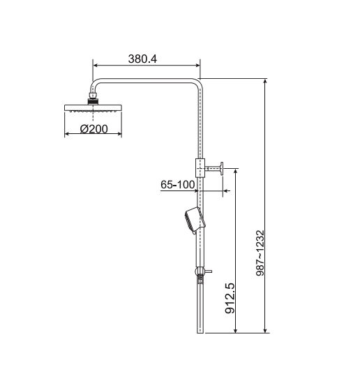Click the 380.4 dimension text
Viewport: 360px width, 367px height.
142,60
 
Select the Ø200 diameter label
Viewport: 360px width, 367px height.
93,130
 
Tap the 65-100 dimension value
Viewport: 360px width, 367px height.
177,185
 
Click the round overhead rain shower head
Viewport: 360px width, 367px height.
93,108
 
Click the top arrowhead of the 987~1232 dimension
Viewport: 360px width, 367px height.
267,81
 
